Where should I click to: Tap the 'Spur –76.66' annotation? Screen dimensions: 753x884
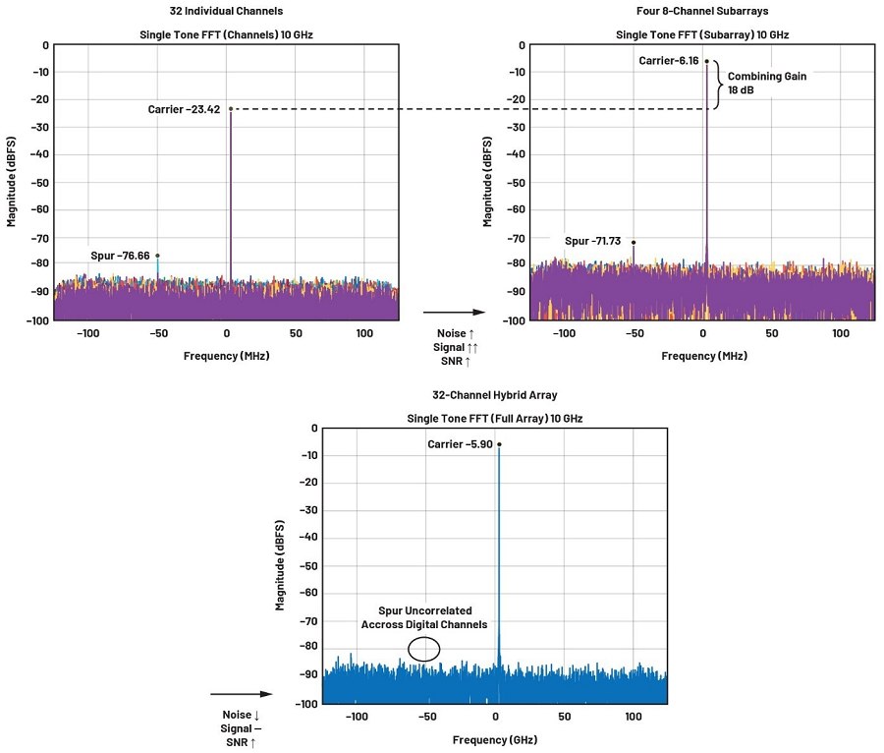point(120,256)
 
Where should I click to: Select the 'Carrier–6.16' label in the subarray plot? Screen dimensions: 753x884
point(669,61)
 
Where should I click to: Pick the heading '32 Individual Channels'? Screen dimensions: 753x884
point(226,11)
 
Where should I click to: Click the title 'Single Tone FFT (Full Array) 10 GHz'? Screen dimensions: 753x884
point(495,419)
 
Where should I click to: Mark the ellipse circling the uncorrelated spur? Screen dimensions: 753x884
point(424,649)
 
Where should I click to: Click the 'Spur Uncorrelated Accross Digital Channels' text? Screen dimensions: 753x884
point(424,617)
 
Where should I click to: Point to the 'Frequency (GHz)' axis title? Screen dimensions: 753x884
point(495,739)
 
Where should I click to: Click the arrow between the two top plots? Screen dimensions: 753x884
point(454,313)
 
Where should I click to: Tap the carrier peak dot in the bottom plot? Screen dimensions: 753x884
point(499,444)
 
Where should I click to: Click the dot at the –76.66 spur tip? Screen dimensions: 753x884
point(157,256)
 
